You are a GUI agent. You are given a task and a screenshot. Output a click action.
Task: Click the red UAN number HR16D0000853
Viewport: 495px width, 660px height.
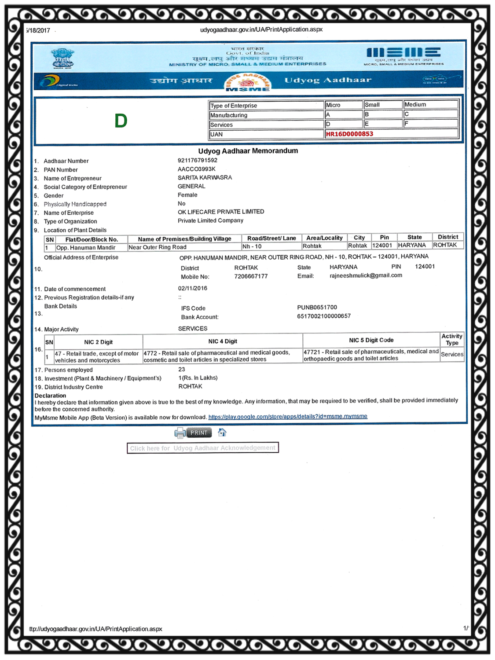pyautogui.click(x=349, y=134)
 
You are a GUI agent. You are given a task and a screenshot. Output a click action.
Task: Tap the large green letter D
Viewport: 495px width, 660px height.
pyautogui.click(x=121, y=121)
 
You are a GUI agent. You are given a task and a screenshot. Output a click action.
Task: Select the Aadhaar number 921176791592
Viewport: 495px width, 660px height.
pyautogui.click(x=197, y=161)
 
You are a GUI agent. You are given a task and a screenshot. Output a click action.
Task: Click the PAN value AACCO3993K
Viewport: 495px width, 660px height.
pyautogui.click(x=196, y=169)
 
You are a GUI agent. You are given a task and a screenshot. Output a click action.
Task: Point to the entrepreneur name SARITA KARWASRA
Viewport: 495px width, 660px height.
pyautogui.click(x=205, y=178)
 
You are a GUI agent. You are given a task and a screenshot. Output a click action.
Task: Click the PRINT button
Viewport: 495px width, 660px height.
pyautogui.click(x=199, y=433)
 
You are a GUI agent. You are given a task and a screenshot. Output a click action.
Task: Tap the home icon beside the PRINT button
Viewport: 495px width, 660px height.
pyautogui.click(x=222, y=433)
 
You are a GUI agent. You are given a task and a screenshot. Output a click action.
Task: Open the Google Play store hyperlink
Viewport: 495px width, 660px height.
pyautogui.click(x=288, y=416)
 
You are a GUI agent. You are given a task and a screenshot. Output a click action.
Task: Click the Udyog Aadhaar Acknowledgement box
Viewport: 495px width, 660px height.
pyautogui.click(x=203, y=448)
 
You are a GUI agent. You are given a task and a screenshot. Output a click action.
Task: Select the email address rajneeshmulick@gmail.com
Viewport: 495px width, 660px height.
pyautogui.click(x=366, y=275)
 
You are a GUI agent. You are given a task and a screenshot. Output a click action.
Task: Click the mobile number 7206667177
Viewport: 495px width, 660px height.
pyautogui.click(x=251, y=276)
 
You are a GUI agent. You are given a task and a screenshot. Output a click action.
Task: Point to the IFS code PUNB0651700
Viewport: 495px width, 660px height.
pyautogui.click(x=317, y=308)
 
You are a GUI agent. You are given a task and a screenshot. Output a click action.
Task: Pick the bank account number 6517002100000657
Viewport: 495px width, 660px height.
pyautogui.click(x=324, y=316)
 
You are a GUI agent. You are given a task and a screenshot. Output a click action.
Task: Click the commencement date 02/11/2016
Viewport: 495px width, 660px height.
pyautogui.click(x=192, y=288)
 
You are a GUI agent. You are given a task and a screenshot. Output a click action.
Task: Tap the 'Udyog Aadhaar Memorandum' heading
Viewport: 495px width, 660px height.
pyautogui.click(x=248, y=151)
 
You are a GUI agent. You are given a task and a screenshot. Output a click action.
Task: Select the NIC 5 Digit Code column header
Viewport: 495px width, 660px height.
pyautogui.click(x=371, y=340)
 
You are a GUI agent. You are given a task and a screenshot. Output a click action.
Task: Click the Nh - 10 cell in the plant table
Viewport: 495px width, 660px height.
pyautogui.click(x=252, y=246)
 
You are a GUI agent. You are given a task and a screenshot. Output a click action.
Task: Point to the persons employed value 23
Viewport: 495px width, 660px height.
pyautogui.click(x=182, y=370)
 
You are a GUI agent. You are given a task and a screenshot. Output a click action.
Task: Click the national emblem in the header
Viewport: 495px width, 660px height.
pyautogui.click(x=62, y=58)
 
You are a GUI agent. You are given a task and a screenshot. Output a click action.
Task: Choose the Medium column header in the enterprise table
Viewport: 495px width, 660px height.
pyautogui.click(x=415, y=105)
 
